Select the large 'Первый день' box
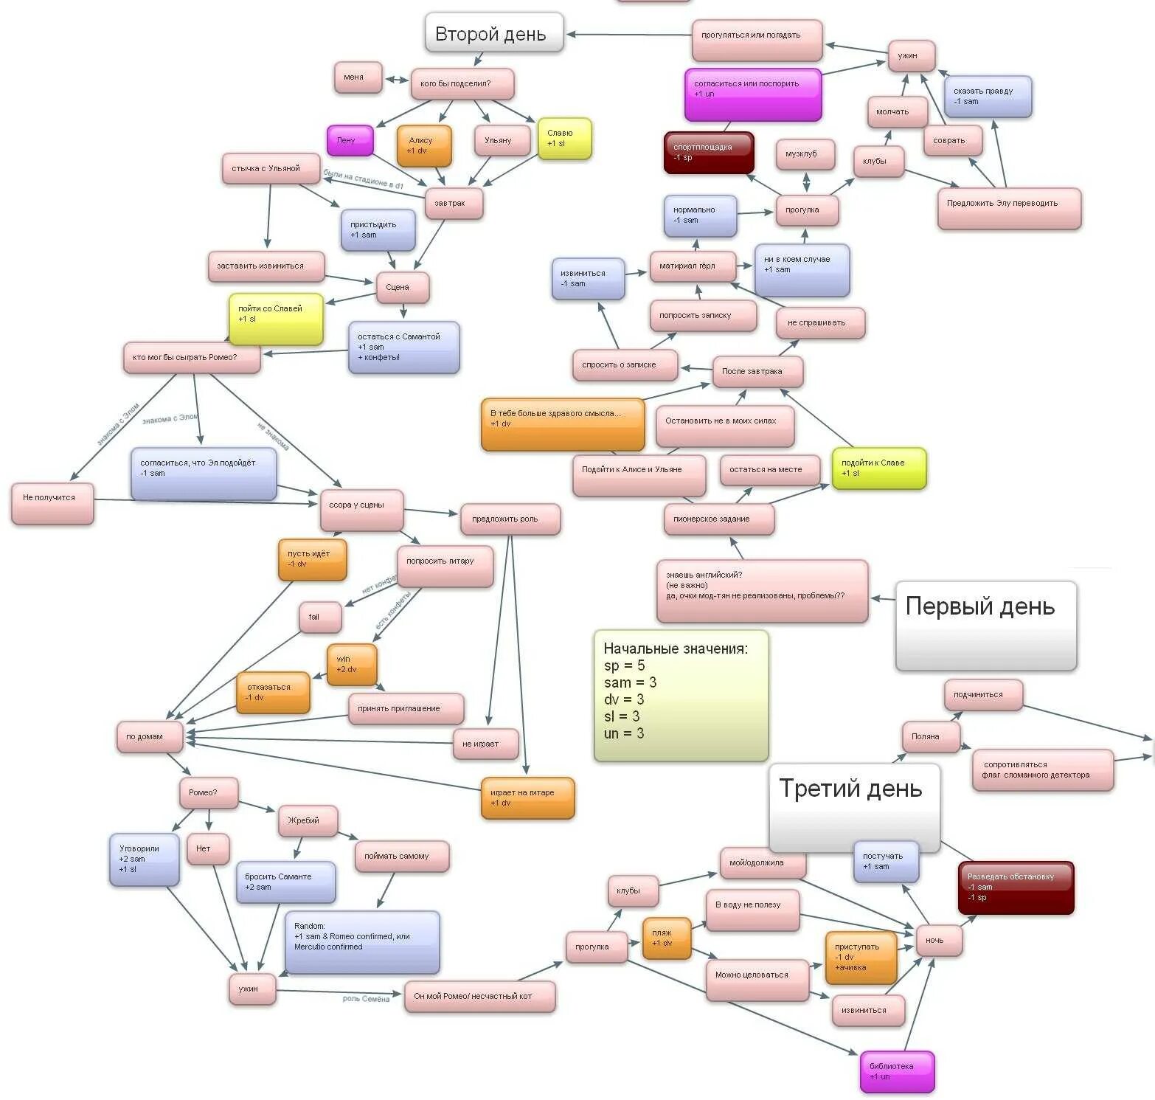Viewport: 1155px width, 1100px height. (x=985, y=625)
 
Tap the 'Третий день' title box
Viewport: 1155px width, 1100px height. (x=854, y=806)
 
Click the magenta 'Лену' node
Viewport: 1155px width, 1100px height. (x=350, y=140)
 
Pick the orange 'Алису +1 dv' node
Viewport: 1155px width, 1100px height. (x=424, y=145)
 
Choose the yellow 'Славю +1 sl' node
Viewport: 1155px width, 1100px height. (x=564, y=138)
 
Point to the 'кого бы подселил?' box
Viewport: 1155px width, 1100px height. (x=462, y=84)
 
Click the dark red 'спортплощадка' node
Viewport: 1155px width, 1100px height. (x=708, y=152)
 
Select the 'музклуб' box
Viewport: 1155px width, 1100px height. (x=805, y=155)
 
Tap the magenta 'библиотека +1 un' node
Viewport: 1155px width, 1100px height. (x=897, y=1071)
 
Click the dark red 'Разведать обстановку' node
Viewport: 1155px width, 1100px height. (x=1016, y=887)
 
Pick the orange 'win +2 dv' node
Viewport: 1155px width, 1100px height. (x=352, y=664)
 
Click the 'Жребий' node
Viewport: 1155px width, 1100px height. (x=308, y=820)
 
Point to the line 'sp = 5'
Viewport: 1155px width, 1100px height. (x=624, y=665)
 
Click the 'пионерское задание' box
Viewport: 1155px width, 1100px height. (x=718, y=519)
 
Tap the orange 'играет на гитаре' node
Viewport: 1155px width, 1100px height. (x=527, y=798)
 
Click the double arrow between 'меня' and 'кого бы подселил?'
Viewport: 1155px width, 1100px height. (x=397, y=80)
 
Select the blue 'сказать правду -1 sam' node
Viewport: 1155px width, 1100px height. (x=987, y=96)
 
